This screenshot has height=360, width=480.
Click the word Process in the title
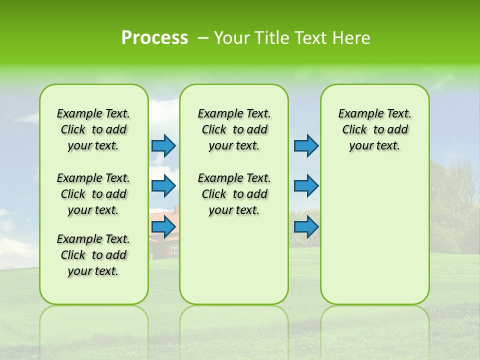tap(154, 38)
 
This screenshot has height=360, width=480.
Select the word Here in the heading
tap(352, 38)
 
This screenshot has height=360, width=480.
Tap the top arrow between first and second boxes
tap(164, 145)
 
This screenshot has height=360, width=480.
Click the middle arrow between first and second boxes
tap(164, 186)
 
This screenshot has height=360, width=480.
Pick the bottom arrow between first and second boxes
tap(164, 227)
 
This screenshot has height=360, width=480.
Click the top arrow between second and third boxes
tap(306, 145)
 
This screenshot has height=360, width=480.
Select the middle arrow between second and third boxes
tap(306, 186)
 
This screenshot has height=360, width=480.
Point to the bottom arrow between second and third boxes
tap(306, 227)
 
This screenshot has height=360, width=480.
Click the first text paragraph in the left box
tap(93, 129)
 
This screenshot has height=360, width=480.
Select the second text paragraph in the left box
tap(93, 194)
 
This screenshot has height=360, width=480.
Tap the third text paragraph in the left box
tap(93, 255)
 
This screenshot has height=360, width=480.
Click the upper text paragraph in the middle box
tap(234, 129)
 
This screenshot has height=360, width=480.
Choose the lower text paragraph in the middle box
tap(234, 194)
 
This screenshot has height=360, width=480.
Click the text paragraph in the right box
tap(374, 129)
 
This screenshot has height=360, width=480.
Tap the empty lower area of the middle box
tap(234, 260)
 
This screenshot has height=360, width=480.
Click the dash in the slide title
tap(203, 38)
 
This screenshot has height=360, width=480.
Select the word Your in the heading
tap(231, 38)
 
